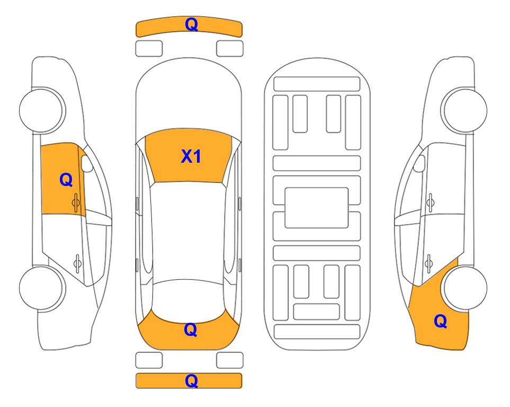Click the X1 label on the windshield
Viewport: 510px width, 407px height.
point(191,156)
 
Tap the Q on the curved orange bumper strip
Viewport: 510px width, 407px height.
point(191,24)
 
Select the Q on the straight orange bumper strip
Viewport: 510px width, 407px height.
point(191,381)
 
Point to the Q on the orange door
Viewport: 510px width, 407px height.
point(66,180)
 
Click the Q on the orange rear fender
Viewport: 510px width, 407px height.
point(441,321)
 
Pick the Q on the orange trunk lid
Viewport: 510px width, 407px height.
point(191,330)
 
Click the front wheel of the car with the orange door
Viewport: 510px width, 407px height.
point(41,110)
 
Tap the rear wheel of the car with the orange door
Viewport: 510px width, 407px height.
point(41,288)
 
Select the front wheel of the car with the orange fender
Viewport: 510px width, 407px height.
point(465,110)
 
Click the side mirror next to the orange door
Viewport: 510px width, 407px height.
point(87,163)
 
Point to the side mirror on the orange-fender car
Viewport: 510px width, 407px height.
point(419,163)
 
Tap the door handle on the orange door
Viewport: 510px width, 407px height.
point(76,203)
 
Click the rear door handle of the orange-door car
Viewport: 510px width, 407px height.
point(77,263)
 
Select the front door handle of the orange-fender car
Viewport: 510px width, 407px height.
point(431,203)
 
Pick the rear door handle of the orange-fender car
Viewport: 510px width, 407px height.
point(429,263)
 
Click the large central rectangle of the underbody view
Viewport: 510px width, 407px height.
point(317,208)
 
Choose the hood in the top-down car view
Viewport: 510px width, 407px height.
point(189,94)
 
